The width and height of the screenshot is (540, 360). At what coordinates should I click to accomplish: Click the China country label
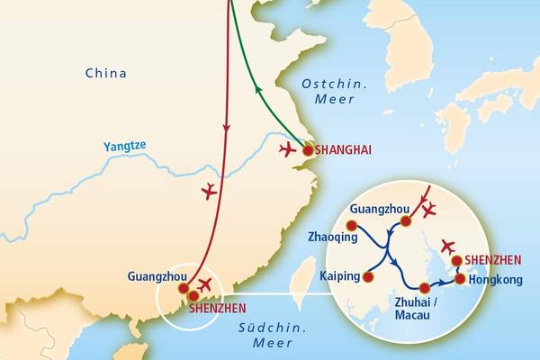tap(105, 73)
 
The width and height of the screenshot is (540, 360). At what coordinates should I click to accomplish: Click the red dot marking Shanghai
tap(308, 151)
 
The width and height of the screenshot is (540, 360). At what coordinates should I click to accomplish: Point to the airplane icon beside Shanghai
tap(288, 148)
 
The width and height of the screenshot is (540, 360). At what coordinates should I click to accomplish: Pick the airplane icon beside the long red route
tap(209, 191)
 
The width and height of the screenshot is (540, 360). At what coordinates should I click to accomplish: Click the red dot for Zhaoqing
tap(351, 225)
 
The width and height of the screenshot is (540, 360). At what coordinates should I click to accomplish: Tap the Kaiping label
tap(339, 276)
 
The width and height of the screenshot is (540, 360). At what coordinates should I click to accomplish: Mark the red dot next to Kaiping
tap(367, 276)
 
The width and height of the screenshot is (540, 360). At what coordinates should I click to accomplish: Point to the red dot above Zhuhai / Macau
tap(424, 288)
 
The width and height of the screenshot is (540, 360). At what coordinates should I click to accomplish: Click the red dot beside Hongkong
tap(461, 279)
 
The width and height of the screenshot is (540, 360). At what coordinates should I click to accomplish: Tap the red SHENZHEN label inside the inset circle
tap(493, 260)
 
